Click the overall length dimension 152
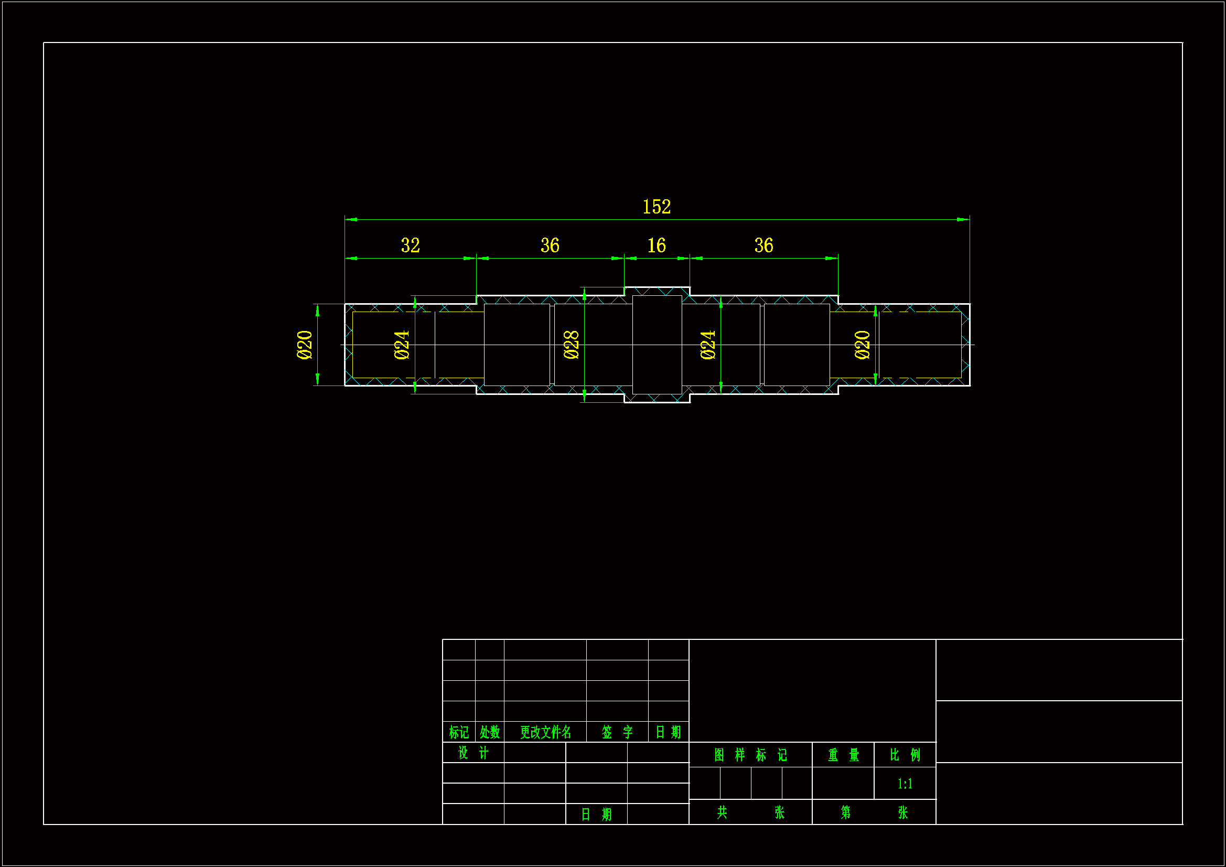point(656,207)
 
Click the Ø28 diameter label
point(572,345)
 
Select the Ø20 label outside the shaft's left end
point(304,345)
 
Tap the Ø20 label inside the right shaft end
point(863,345)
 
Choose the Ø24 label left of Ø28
point(402,345)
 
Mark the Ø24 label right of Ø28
point(708,345)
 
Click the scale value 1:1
point(905,784)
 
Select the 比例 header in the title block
point(905,755)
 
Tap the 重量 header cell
point(843,755)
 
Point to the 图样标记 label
point(750,755)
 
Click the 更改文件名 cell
point(545,732)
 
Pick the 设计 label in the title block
point(473,753)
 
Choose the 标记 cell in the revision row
point(459,732)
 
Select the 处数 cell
point(490,732)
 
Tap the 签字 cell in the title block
point(617,732)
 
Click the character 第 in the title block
point(845,812)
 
